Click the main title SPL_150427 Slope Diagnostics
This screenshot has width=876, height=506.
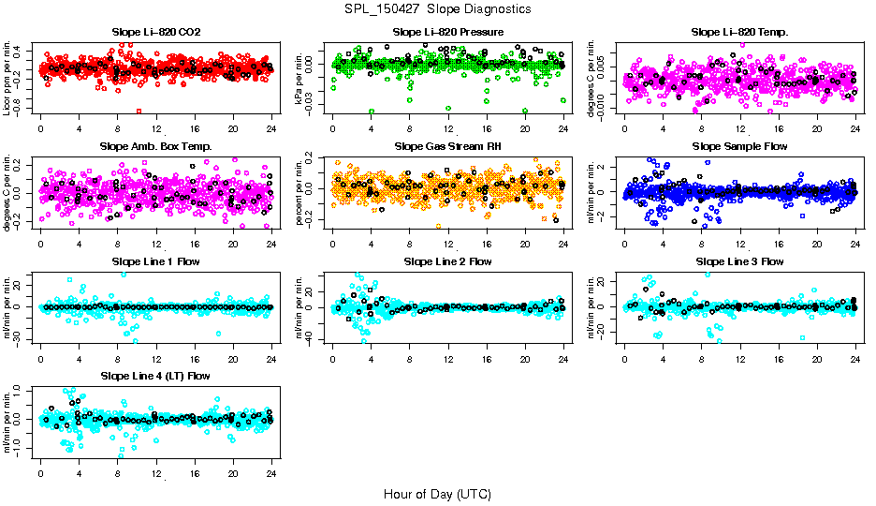437,8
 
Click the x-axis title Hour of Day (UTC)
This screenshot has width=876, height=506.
437,494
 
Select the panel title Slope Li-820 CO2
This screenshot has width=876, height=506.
156,33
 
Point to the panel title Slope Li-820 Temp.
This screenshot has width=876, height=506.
739,33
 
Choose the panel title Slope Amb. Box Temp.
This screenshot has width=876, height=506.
156,147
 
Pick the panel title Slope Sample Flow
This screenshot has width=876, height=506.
739,147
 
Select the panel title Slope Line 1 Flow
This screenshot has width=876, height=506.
156,261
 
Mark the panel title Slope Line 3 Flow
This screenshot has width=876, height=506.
739,261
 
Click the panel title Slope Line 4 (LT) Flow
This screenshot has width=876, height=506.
156,376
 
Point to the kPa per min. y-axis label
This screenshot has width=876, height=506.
299,78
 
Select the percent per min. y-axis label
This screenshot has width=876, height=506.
299,192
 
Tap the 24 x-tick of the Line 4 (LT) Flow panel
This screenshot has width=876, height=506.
271,472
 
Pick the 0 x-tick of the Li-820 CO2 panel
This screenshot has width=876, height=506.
40,129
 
